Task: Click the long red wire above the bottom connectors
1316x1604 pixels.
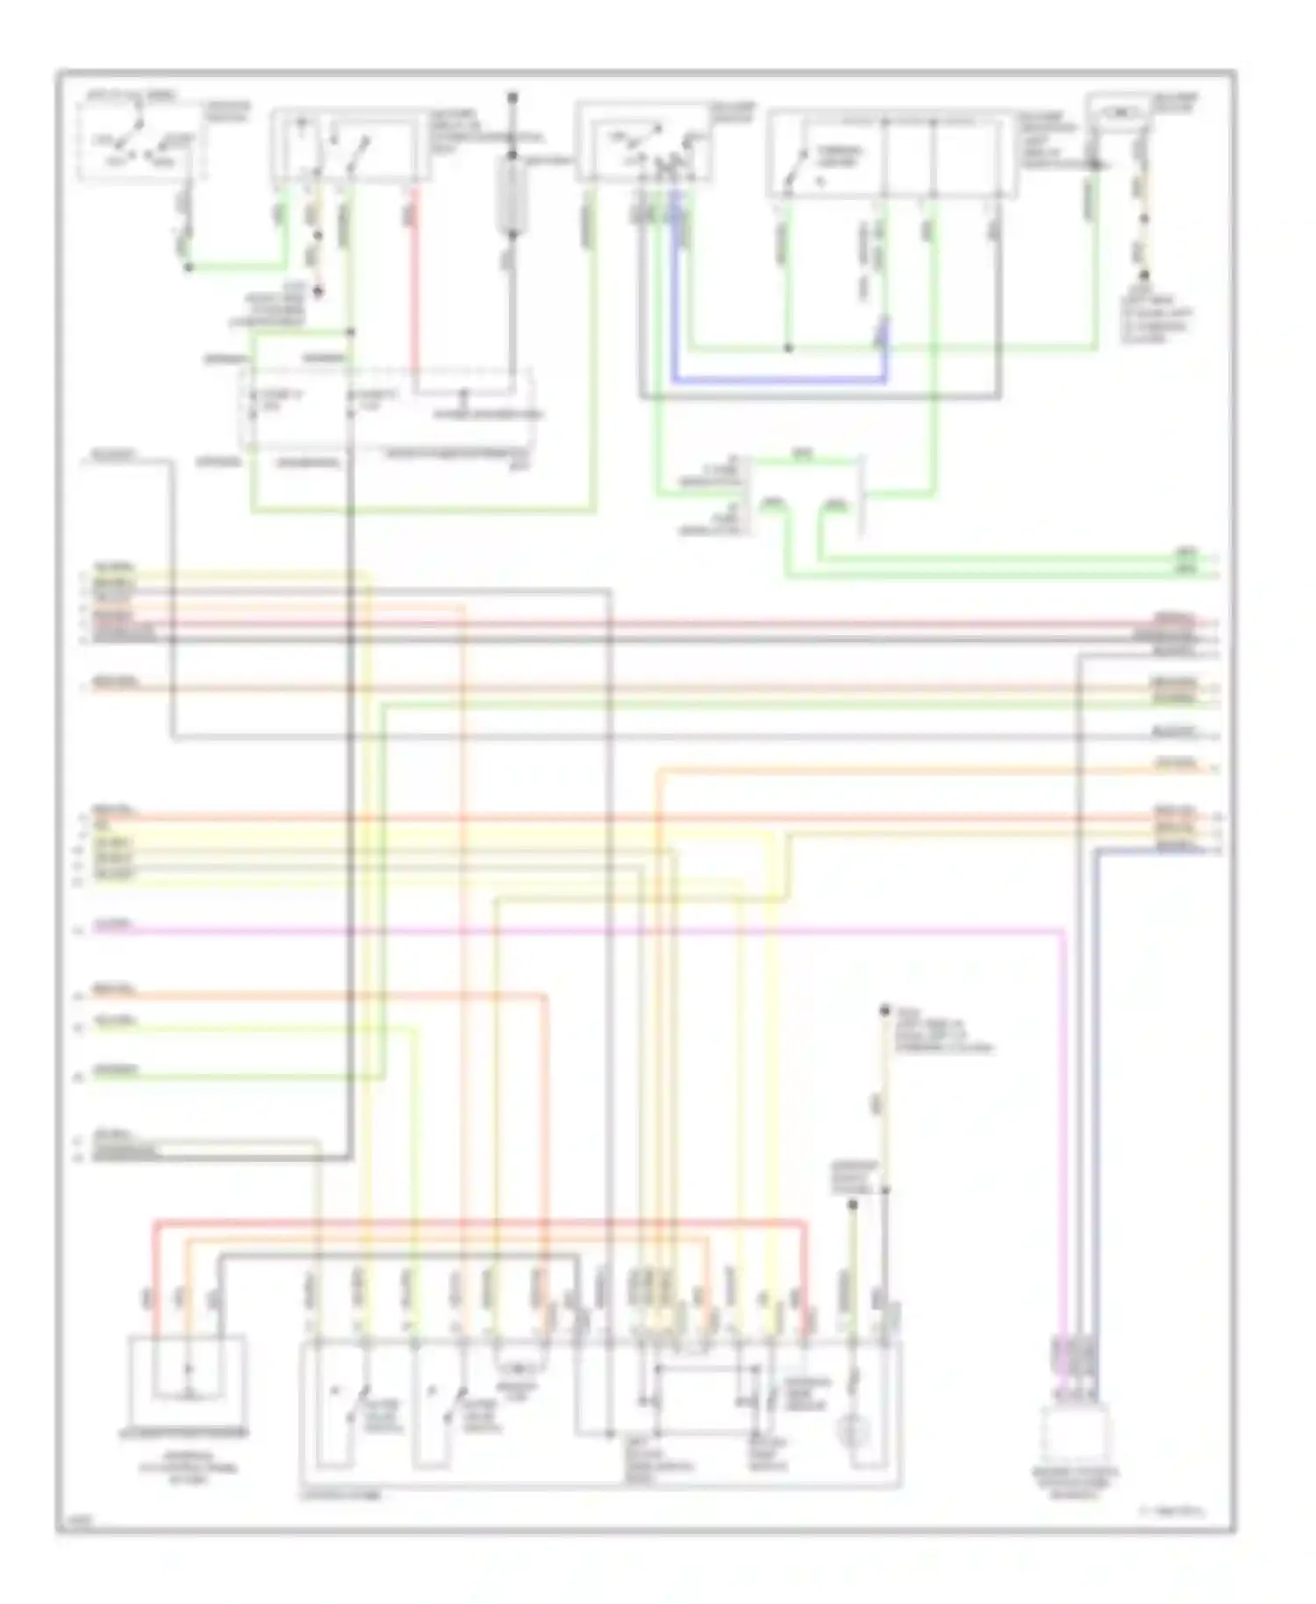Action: (483, 1221)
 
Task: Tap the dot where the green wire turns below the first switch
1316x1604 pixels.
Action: (188, 266)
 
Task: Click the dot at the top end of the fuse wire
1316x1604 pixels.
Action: (512, 97)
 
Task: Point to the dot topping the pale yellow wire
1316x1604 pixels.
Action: (884, 1011)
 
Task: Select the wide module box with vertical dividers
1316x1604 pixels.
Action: (891, 154)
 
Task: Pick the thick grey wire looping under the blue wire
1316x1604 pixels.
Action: (816, 397)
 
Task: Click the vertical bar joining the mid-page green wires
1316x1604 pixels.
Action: (864, 496)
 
